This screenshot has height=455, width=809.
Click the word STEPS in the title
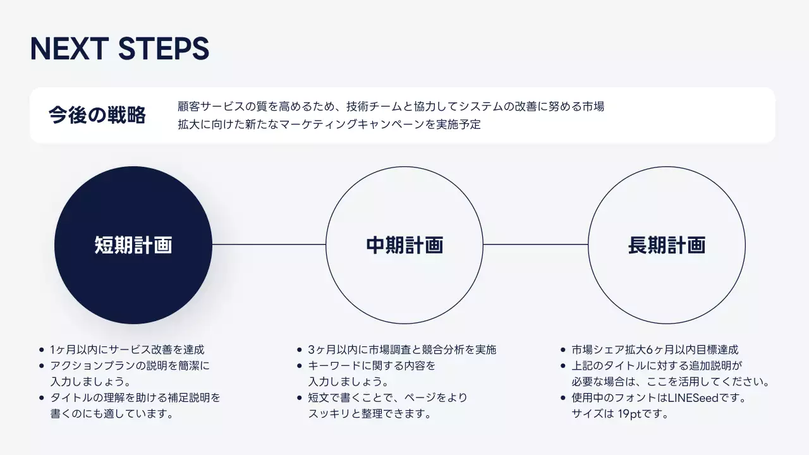click(164, 49)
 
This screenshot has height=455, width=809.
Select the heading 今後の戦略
click(97, 115)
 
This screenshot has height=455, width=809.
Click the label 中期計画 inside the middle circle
click(404, 245)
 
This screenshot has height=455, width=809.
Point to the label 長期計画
click(666, 245)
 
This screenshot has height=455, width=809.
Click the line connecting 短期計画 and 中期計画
click(269, 245)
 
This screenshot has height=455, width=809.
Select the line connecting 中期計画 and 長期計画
click(535, 245)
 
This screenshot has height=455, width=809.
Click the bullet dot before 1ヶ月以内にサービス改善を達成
click(42, 349)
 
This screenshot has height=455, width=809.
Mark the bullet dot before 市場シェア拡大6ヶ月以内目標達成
click(563, 349)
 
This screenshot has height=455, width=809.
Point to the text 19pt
click(632, 415)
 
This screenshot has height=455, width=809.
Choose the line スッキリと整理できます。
click(370, 415)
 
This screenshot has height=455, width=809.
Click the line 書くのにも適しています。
click(112, 415)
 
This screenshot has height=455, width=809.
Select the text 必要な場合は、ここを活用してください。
click(670, 382)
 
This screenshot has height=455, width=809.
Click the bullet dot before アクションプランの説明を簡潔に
click(42, 366)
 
